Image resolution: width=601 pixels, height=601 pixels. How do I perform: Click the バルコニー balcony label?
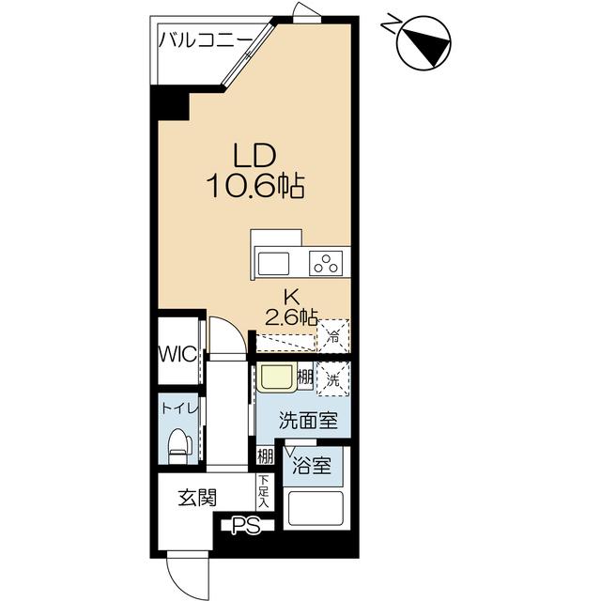206,39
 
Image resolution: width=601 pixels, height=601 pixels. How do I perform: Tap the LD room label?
255,156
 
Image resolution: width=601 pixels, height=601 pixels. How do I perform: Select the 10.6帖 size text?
255,186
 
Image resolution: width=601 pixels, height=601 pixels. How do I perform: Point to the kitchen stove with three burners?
326,263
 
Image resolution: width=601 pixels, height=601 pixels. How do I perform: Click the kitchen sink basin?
273,264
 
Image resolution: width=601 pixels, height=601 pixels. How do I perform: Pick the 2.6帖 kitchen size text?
291,317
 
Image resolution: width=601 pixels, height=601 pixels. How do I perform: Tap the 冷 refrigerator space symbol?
333,336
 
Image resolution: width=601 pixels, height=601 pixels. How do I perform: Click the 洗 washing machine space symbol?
332,379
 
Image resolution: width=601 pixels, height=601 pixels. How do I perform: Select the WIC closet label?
177,354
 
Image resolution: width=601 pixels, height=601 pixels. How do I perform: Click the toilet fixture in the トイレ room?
180,446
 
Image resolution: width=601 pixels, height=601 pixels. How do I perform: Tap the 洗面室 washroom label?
309,421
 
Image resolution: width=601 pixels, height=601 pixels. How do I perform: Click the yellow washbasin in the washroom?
275,378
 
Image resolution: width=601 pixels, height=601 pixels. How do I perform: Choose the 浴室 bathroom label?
312,466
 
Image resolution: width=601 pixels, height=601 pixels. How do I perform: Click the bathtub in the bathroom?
316,508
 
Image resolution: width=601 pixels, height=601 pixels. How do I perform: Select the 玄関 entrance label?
197,498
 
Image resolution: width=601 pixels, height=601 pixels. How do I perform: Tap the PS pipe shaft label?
246,526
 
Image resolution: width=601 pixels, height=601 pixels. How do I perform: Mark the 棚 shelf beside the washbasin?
305,378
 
